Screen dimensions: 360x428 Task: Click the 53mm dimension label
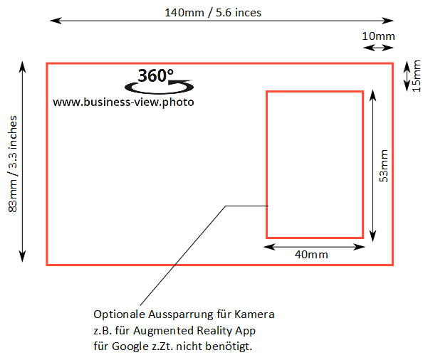[x=383, y=166]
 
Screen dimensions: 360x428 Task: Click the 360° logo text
[x=155, y=75]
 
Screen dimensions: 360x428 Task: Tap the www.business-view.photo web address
[x=123, y=102]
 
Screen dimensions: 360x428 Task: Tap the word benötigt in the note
[x=229, y=347]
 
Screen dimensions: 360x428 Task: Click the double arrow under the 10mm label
[x=377, y=48]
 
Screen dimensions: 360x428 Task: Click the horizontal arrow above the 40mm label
[x=314, y=245]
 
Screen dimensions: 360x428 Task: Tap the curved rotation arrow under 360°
[x=154, y=88]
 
